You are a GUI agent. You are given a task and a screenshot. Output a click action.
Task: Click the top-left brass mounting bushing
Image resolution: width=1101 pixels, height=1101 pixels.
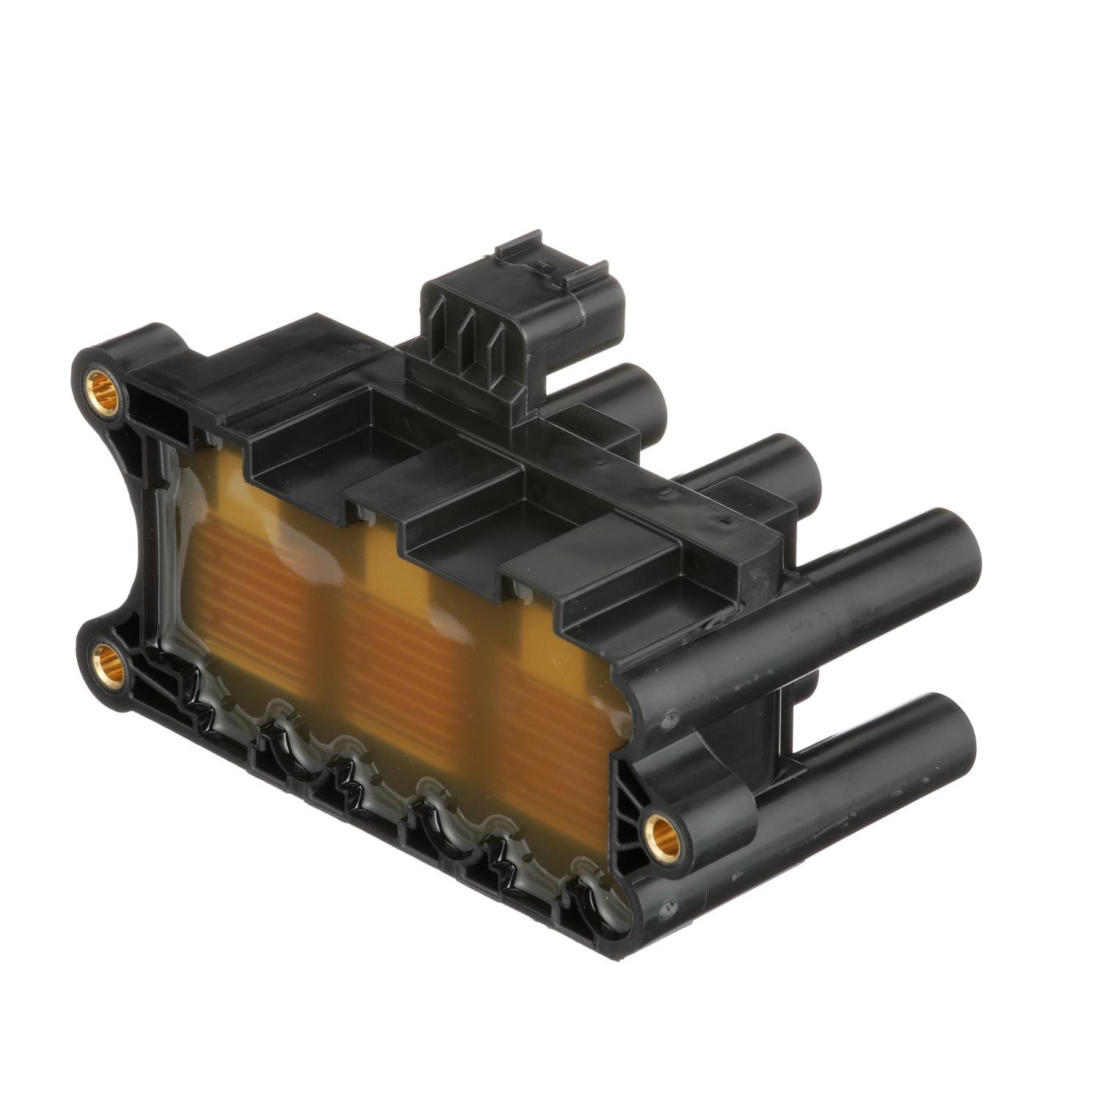click(103, 388)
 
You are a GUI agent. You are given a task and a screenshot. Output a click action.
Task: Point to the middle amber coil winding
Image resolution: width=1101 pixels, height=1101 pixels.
click(396, 646)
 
